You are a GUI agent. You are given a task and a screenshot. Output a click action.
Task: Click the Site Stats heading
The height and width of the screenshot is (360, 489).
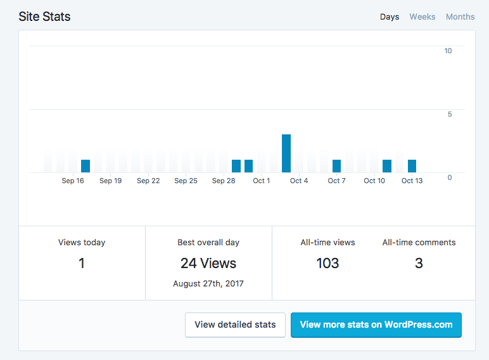click(44, 16)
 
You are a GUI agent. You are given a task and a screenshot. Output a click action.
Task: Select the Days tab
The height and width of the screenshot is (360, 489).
click(390, 17)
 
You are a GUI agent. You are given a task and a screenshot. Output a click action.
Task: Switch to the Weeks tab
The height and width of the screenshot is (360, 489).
click(422, 17)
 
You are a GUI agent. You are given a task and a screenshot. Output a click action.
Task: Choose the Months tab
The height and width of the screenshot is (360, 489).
click(460, 17)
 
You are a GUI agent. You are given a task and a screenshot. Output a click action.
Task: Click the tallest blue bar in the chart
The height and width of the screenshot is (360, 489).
click(286, 153)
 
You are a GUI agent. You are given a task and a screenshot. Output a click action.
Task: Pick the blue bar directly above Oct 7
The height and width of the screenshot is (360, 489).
click(336, 166)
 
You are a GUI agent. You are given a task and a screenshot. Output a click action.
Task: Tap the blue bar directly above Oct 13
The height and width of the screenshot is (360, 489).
click(412, 166)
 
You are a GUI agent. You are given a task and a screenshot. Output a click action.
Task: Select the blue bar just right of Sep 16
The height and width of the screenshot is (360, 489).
click(86, 166)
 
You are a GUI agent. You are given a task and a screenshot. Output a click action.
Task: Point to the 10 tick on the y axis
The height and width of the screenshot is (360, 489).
click(448, 51)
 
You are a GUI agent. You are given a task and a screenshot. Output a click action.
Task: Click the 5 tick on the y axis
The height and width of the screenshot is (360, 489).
click(450, 114)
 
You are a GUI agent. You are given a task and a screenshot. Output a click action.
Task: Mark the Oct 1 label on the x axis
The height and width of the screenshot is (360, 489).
click(261, 181)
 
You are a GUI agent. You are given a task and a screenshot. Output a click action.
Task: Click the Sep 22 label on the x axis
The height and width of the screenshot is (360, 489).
click(148, 181)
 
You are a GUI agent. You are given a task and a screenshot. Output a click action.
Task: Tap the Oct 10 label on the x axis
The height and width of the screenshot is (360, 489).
click(374, 181)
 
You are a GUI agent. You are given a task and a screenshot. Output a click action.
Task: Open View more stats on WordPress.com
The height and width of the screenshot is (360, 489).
click(376, 325)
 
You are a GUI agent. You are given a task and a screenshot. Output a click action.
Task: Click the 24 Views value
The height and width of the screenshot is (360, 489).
click(208, 263)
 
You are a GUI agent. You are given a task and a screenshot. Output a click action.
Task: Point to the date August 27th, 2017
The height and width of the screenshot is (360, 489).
click(208, 283)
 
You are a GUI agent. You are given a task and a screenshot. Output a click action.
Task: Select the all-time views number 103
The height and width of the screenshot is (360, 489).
click(327, 263)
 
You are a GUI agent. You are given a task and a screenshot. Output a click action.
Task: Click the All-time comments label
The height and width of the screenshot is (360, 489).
click(419, 242)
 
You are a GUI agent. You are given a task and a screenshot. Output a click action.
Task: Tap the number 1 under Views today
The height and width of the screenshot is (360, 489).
click(82, 263)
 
